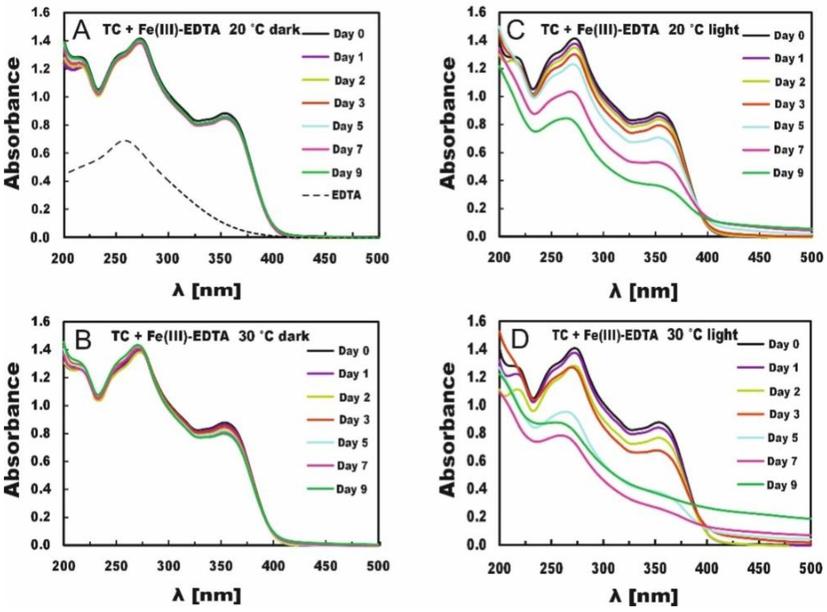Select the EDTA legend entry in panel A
point(346,195)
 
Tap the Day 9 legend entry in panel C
point(788,173)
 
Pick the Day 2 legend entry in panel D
point(784,392)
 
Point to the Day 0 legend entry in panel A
point(349,34)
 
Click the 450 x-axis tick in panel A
point(325,258)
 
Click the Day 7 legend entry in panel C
point(788,150)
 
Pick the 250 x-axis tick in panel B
point(116,567)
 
